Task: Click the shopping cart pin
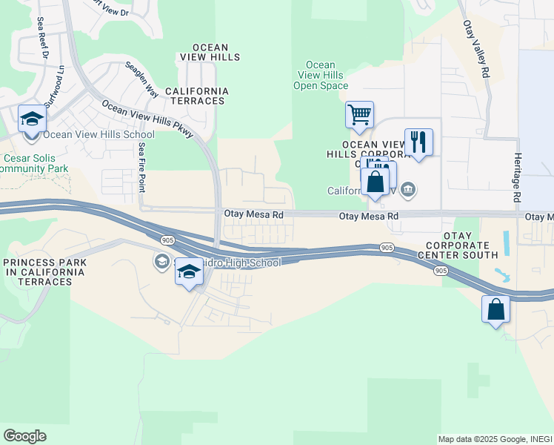click(359, 115)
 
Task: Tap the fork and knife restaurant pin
click(418, 142)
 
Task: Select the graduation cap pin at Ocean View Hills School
click(33, 120)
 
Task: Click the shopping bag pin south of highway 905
click(495, 309)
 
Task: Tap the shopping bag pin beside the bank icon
click(376, 183)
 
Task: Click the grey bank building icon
click(407, 191)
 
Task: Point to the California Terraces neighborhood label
click(196, 96)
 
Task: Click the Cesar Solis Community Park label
click(35, 163)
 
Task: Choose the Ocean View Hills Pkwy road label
click(147, 119)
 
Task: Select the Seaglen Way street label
click(141, 79)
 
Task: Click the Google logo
click(24, 436)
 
